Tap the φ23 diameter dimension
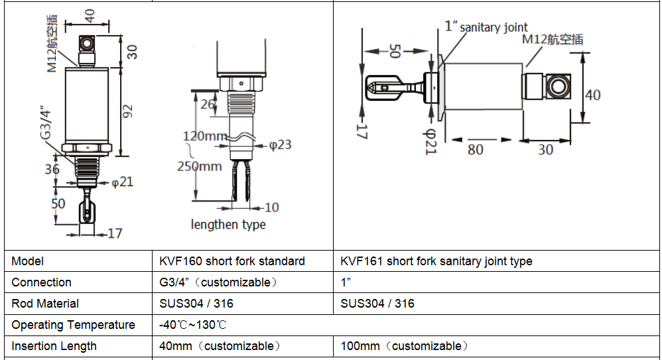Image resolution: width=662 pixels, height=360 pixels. click(x=281, y=145)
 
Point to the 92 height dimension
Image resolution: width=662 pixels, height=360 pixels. click(x=127, y=111)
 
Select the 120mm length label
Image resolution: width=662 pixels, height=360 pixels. click(x=205, y=136)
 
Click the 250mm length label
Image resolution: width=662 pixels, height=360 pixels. click(x=199, y=166)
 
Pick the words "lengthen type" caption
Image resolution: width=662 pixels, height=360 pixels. click(x=228, y=225)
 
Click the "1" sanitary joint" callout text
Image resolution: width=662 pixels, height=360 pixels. click(x=486, y=27)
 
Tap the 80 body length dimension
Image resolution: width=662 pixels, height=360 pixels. click(x=476, y=149)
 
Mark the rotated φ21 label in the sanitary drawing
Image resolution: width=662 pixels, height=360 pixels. click(x=430, y=141)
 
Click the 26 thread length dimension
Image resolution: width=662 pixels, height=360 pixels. click(x=208, y=104)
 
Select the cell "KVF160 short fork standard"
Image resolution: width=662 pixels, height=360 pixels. click(x=232, y=261)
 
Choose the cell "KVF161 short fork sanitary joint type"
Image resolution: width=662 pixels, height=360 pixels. click(x=436, y=261)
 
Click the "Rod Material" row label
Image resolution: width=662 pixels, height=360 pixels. click(x=45, y=304)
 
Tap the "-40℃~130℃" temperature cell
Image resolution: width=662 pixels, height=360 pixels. click(x=193, y=325)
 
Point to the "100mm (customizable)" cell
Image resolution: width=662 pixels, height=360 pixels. click(x=405, y=346)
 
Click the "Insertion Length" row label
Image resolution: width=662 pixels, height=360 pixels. click(x=54, y=346)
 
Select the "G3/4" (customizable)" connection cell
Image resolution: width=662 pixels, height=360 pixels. click(x=218, y=282)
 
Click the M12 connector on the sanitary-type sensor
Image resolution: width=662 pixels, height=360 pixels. click(x=547, y=86)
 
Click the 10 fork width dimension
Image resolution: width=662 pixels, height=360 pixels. click(x=271, y=208)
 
